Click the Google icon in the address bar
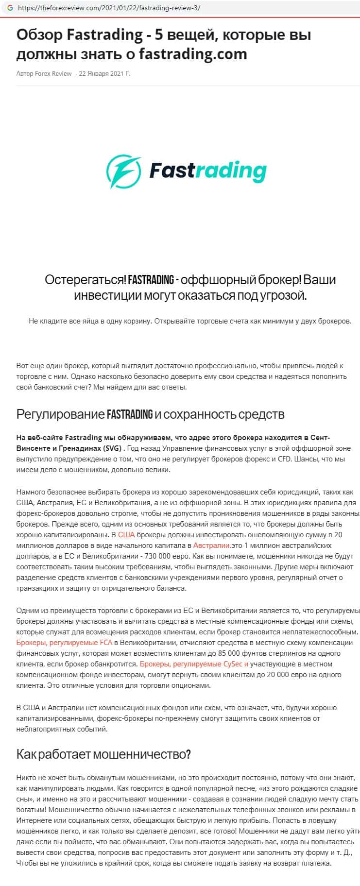tap(10, 8)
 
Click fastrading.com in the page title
tap(193, 54)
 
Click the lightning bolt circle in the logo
tap(123, 170)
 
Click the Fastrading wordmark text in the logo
tap(208, 170)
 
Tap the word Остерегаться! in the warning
tap(86, 280)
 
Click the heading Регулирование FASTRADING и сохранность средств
tap(150, 414)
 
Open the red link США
tap(126, 535)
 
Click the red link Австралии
tap(211, 545)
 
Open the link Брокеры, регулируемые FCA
tap(64, 643)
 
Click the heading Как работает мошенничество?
tap(103, 754)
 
